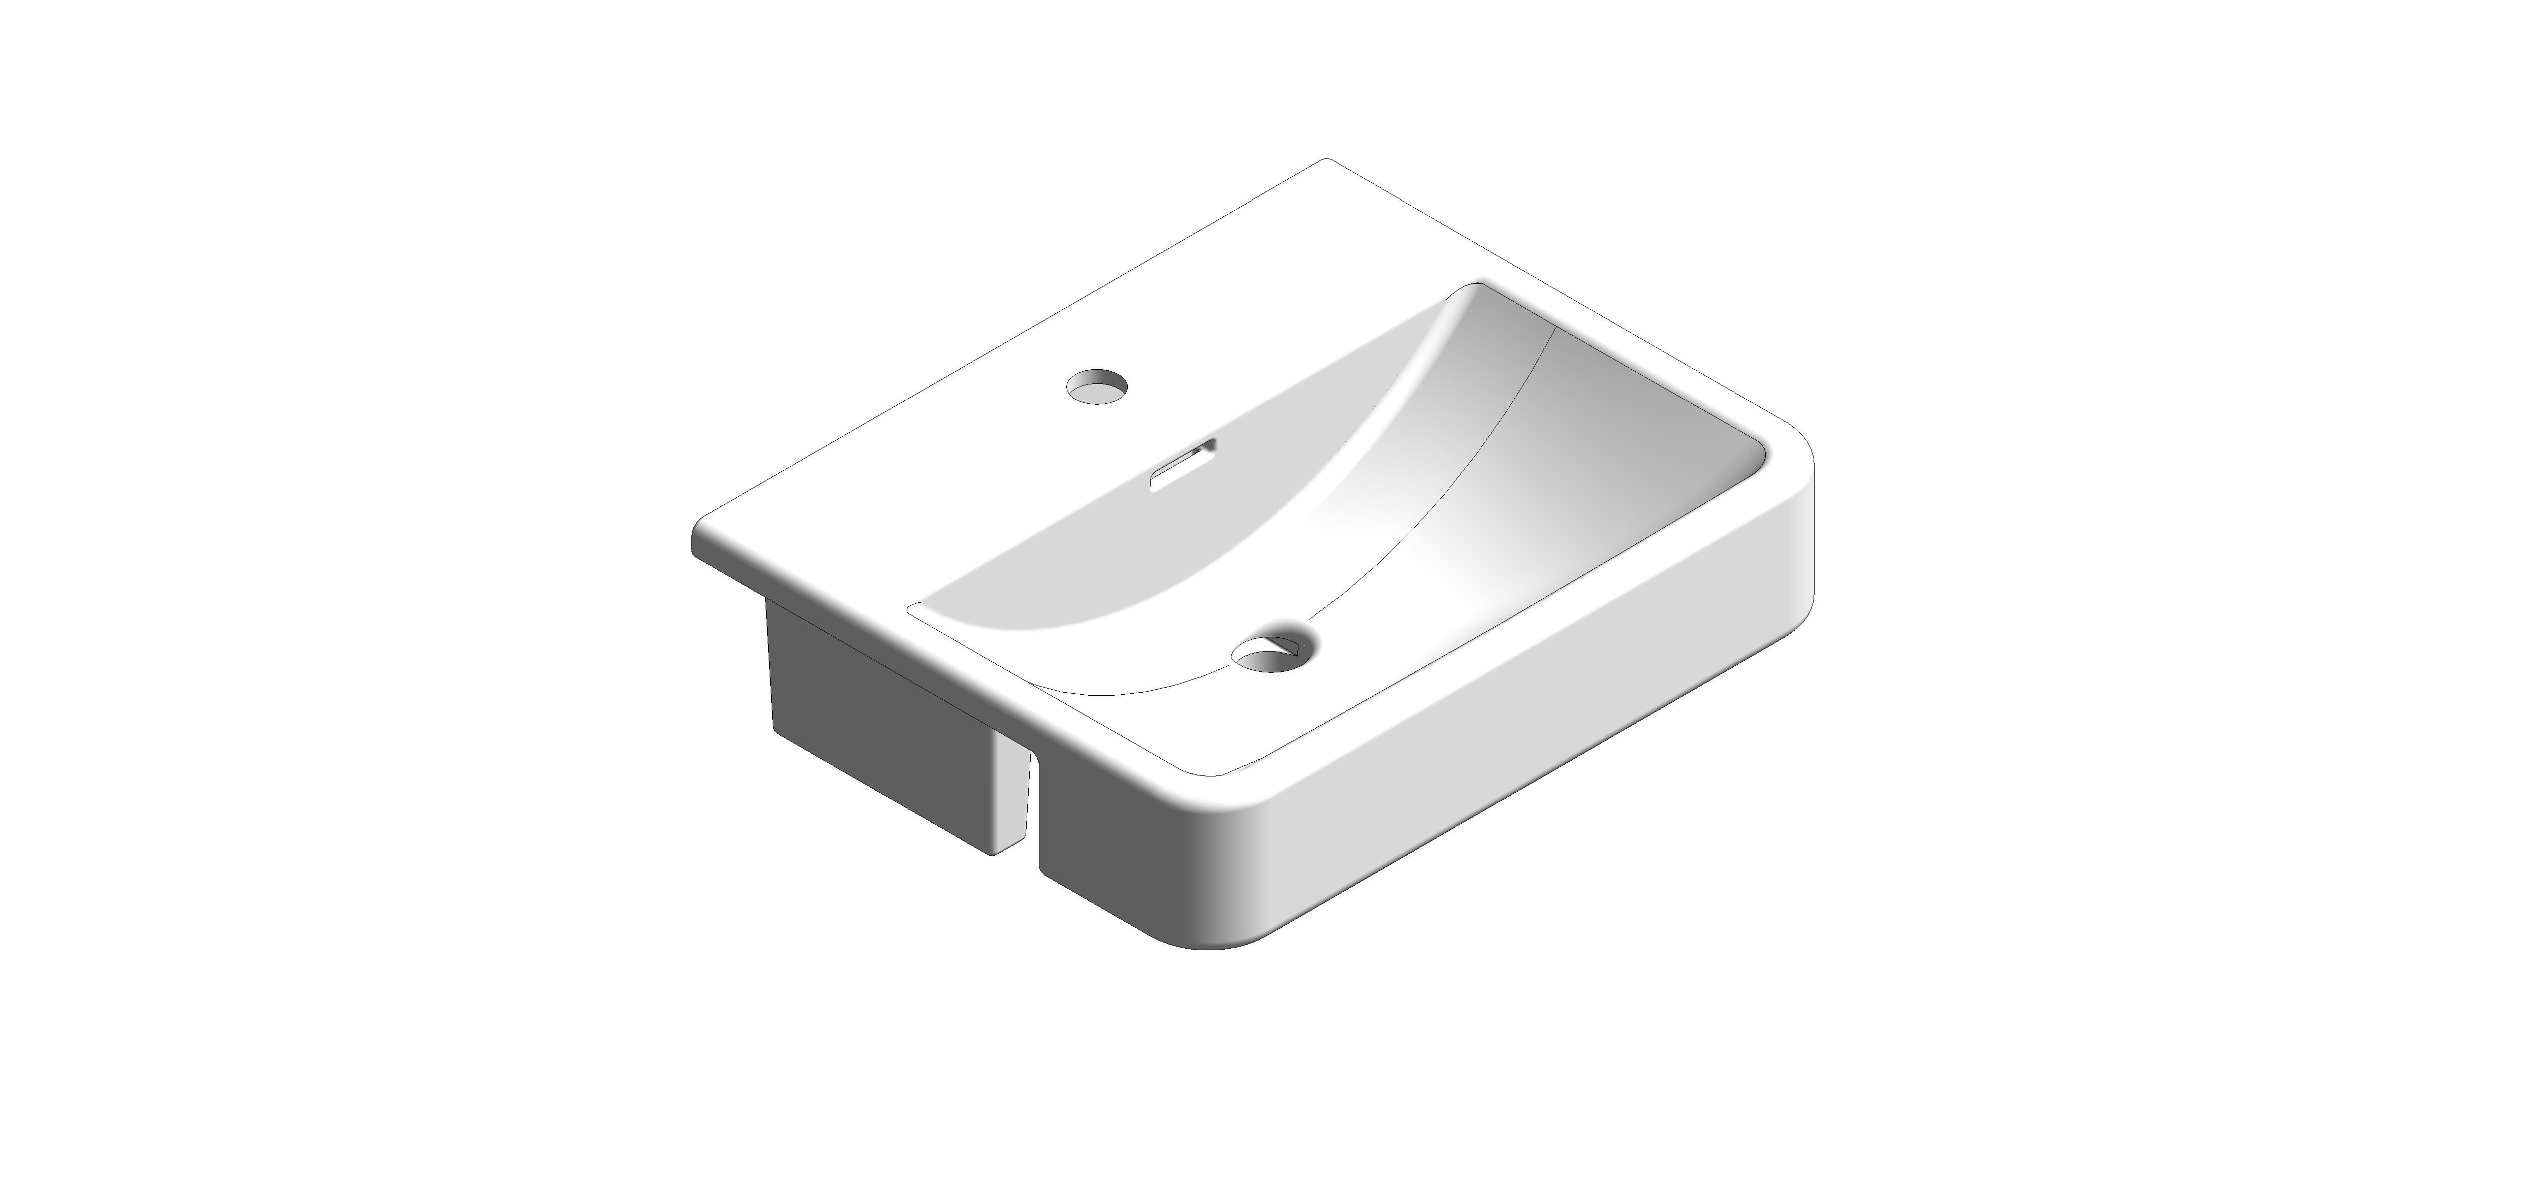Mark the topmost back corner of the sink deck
(1326, 160)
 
